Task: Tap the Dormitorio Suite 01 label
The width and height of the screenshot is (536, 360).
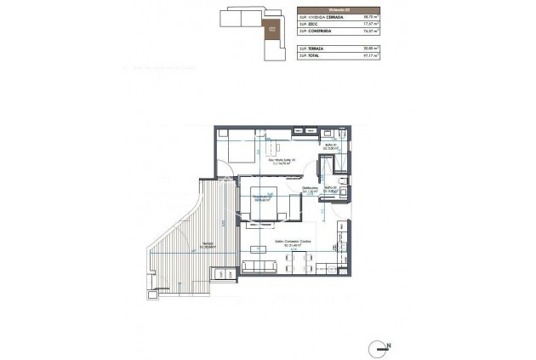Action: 277,162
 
